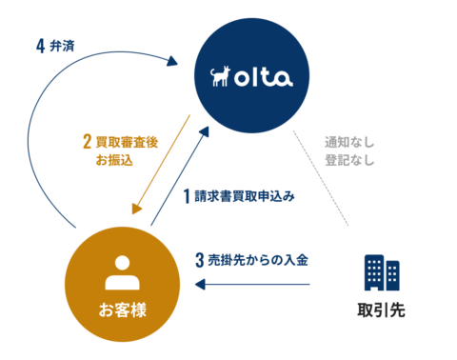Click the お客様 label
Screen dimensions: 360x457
point(122,310)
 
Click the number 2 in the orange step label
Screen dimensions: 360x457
point(87,143)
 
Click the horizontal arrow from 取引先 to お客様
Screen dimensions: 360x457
point(252,284)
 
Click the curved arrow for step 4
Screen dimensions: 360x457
point(38,124)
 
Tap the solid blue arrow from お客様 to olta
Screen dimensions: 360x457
point(181,177)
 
